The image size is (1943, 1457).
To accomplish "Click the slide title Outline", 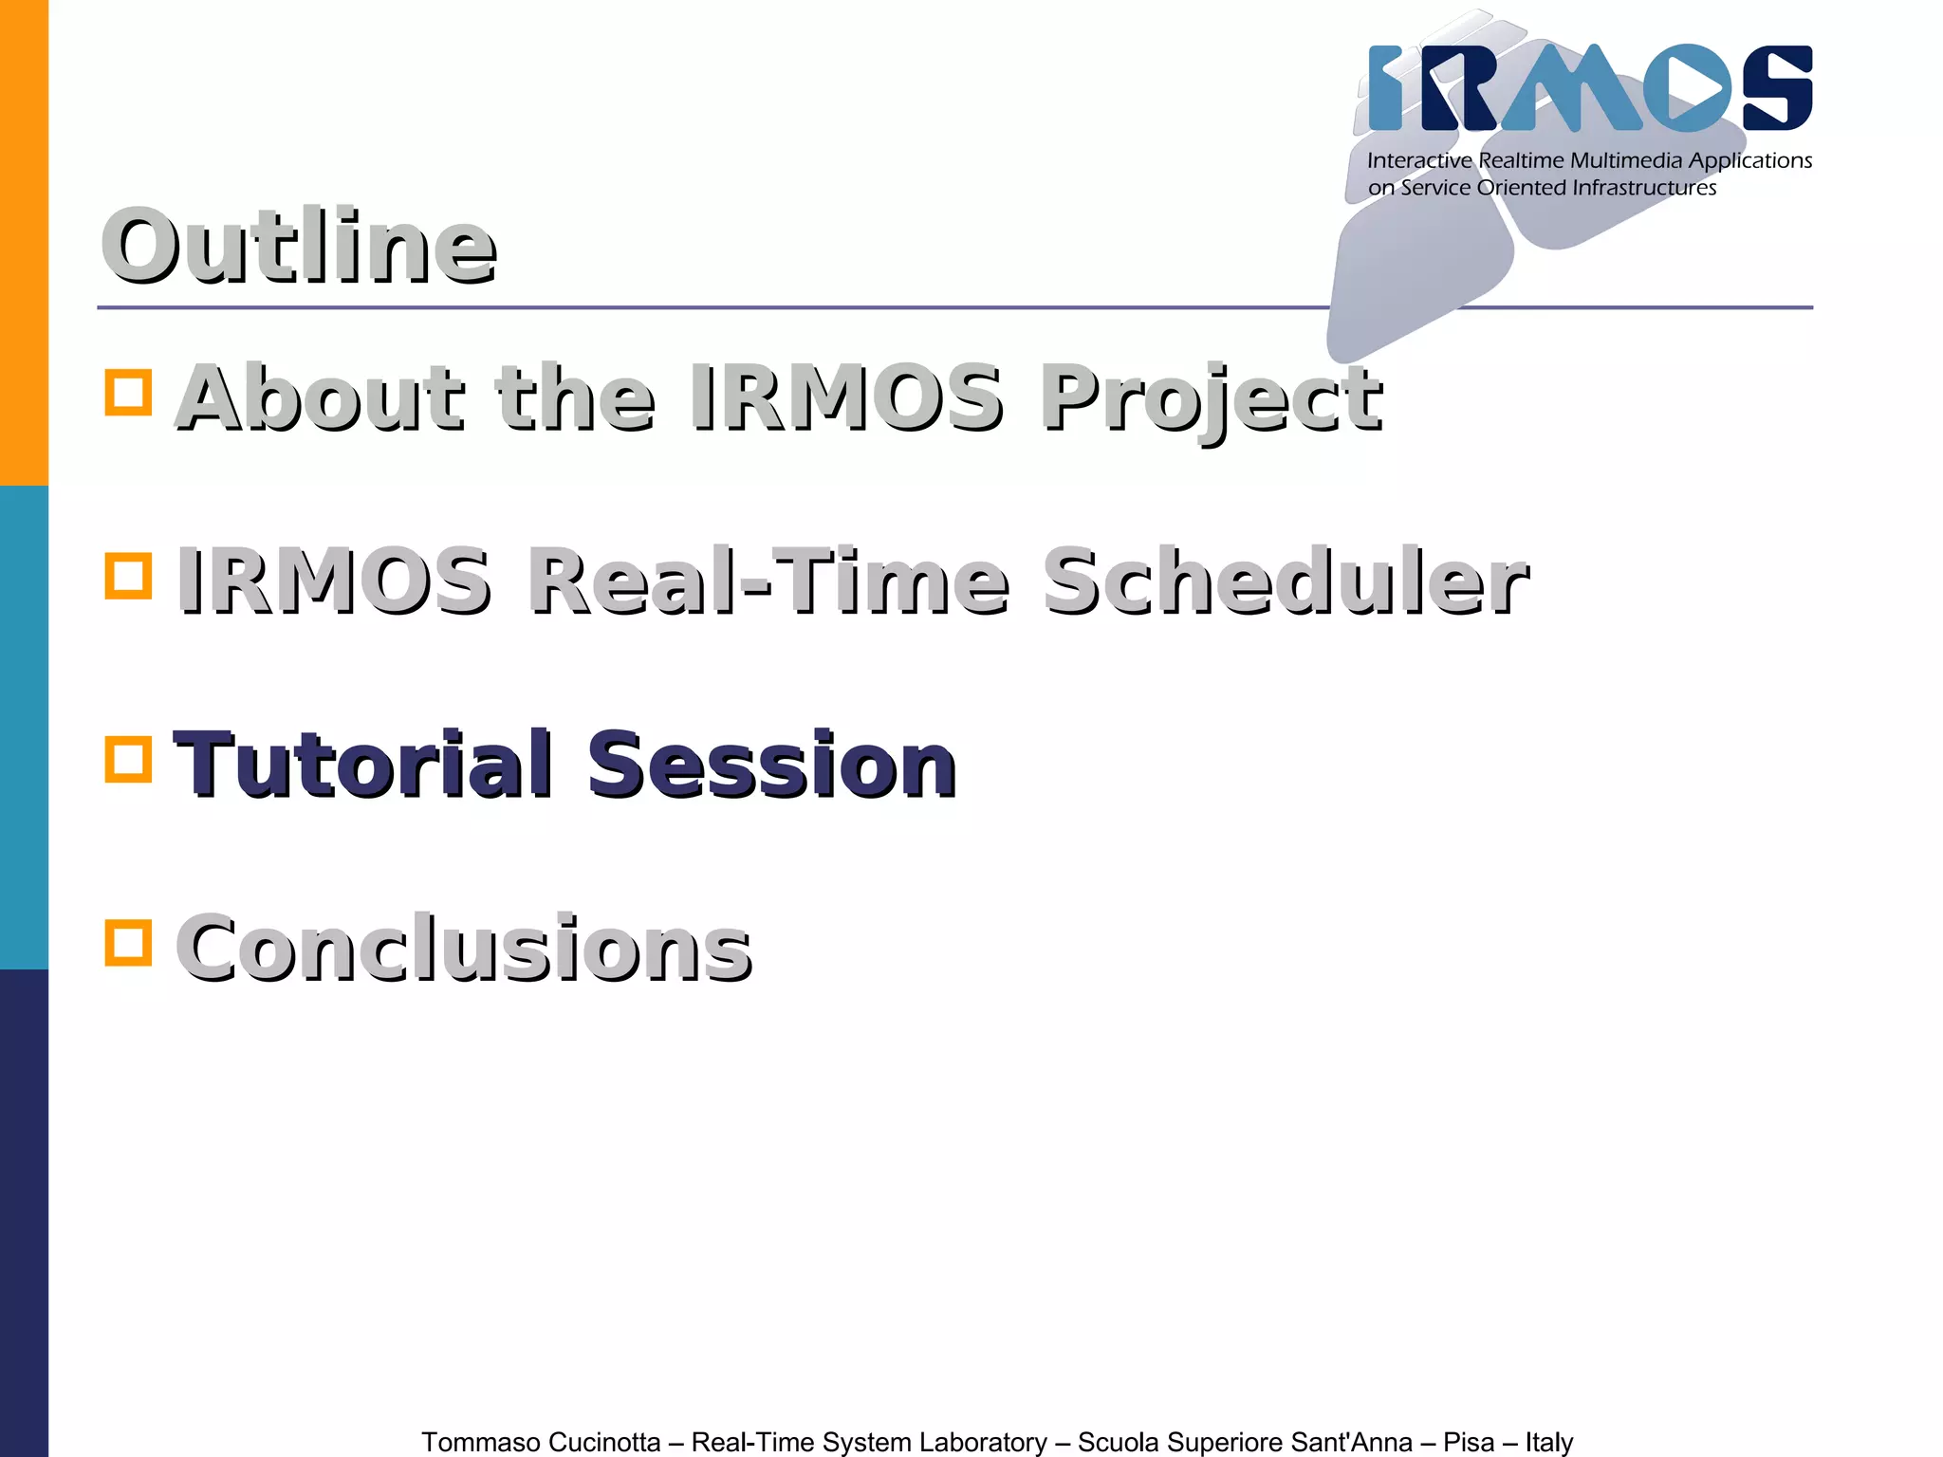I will (298, 247).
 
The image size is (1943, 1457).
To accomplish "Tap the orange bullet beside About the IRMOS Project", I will (128, 392).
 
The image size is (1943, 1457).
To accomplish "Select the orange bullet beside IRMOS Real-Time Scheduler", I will (128, 576).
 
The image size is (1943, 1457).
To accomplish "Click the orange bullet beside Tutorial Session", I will (128, 759).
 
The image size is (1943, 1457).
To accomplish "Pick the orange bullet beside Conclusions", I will (128, 942).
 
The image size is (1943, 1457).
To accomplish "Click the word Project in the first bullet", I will (1211, 398).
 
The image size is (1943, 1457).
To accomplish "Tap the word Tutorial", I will (363, 765).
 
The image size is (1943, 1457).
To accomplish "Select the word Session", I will (771, 765).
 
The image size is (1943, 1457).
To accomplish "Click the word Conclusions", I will (464, 948).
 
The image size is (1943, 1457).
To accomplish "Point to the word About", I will (321, 398).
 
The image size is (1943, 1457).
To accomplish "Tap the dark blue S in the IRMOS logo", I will (1776, 87).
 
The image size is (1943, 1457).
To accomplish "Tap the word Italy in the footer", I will (1548, 1442).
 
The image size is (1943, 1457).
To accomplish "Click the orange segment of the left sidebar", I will (24, 242).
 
